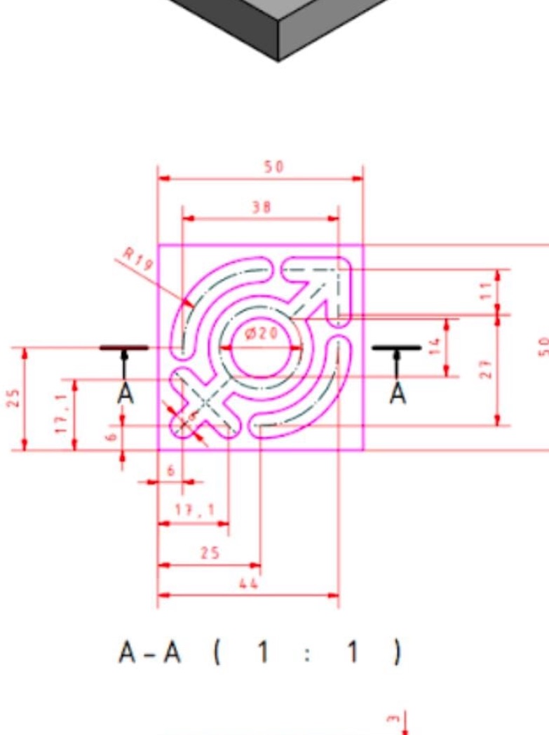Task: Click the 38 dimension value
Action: pyautogui.click(x=261, y=207)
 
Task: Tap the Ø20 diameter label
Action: pyautogui.click(x=262, y=334)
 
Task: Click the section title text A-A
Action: pyautogui.click(x=150, y=653)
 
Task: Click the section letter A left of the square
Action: pyautogui.click(x=125, y=393)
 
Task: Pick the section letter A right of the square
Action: pyautogui.click(x=398, y=393)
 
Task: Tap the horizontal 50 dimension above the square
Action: pyautogui.click(x=273, y=167)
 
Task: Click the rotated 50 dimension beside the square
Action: pyautogui.click(x=543, y=346)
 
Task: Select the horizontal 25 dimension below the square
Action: pyautogui.click(x=210, y=553)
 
